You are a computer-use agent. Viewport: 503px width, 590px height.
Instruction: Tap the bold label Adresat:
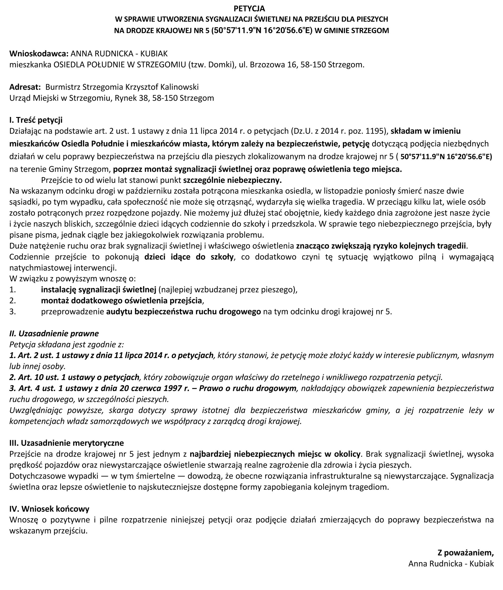[x=25, y=87]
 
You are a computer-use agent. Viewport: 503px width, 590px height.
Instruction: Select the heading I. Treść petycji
[x=36, y=120]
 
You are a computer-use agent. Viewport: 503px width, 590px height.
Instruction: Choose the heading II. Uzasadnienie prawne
[x=54, y=333]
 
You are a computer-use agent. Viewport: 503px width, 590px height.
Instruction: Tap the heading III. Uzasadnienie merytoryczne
[x=67, y=443]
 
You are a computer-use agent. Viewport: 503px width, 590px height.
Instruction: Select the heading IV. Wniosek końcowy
[x=49, y=509]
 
